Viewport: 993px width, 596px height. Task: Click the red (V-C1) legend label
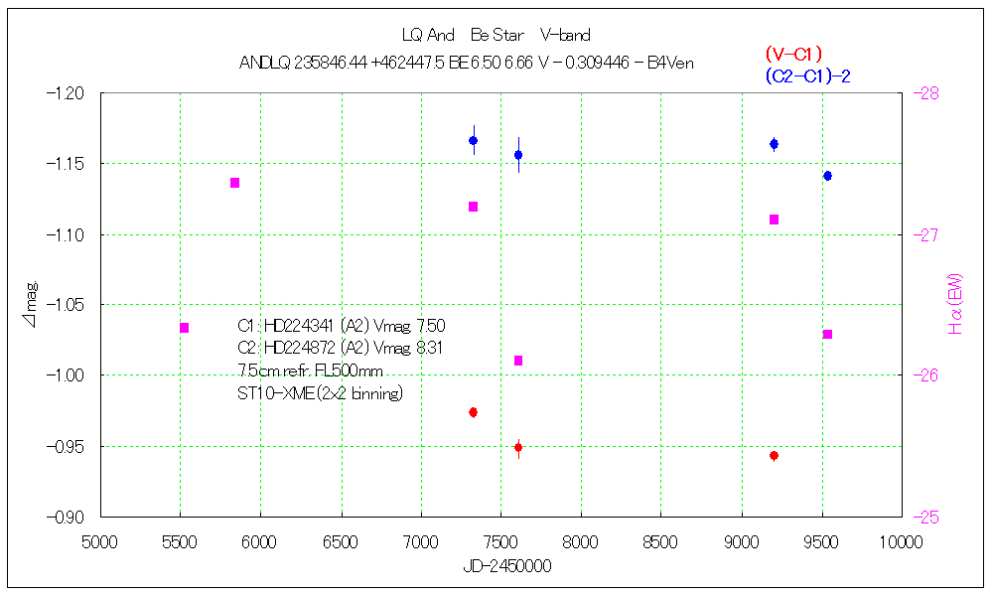(793, 55)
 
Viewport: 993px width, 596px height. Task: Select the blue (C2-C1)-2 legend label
(807, 75)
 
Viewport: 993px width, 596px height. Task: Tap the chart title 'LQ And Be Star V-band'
(496, 36)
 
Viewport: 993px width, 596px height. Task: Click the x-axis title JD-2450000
(506, 565)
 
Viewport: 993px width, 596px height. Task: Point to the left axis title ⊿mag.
(33, 304)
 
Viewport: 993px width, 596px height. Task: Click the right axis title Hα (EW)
(956, 304)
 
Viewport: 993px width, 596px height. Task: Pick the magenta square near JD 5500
(185, 328)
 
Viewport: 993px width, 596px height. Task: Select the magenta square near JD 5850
(235, 183)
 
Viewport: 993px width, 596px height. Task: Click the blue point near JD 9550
(827, 176)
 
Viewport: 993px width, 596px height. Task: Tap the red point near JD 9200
(774, 456)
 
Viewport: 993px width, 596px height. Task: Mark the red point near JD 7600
(518, 448)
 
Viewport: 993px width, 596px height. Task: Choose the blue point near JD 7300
(474, 141)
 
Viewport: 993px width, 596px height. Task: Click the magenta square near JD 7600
(518, 361)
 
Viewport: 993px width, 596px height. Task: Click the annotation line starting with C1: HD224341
(341, 325)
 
